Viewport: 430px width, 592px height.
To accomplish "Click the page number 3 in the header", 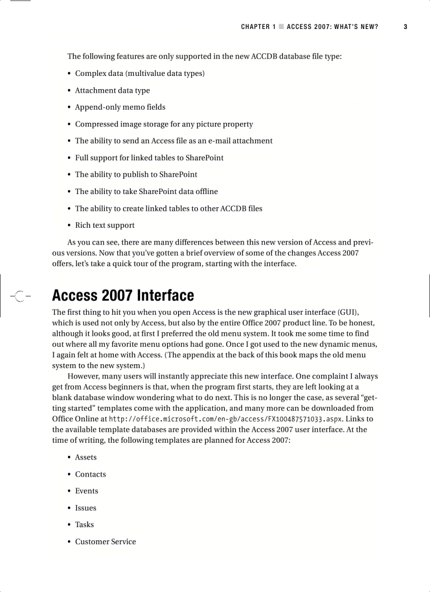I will click(x=405, y=27).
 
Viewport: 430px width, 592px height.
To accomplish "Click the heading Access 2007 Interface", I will click(x=123, y=295).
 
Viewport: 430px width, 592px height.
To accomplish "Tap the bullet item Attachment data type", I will click(x=112, y=91).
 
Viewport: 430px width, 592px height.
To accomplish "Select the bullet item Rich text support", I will click(x=104, y=226).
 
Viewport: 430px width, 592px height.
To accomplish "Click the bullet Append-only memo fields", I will click(x=120, y=108).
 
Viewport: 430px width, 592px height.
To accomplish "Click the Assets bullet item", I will click(x=85, y=458).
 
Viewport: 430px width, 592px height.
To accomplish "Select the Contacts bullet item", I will click(x=90, y=474).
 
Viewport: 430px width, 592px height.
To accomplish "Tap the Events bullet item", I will click(x=86, y=491).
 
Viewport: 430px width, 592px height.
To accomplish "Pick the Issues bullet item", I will click(x=85, y=508).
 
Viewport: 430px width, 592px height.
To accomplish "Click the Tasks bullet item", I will click(x=84, y=525).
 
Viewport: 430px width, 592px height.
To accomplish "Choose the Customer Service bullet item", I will click(x=105, y=542).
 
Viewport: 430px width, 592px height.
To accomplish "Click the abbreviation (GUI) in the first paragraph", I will click(x=348, y=313).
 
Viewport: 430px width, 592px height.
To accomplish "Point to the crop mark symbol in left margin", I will click(x=19, y=296).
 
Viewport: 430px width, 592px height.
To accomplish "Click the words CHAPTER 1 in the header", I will click(x=258, y=27).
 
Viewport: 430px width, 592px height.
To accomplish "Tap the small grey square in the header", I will click(x=281, y=27).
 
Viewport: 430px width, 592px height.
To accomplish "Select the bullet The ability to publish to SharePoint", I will click(x=136, y=175).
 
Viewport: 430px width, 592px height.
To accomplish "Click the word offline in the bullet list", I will click(x=206, y=192).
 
